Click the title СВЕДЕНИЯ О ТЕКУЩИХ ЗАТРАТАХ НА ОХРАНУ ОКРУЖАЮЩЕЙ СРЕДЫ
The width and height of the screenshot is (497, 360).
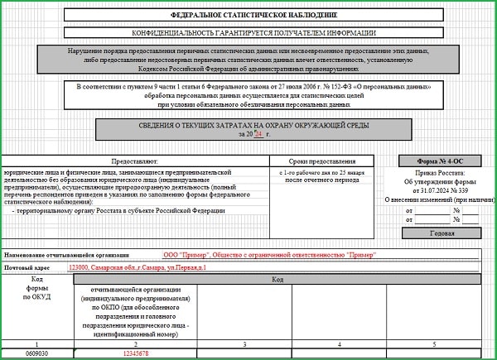pos(253,125)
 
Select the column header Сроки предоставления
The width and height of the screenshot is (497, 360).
pos(321,161)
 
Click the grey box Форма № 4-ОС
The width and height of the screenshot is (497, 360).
pos(437,161)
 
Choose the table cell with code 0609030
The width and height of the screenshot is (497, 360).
pos(36,353)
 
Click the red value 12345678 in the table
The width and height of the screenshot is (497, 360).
pos(134,353)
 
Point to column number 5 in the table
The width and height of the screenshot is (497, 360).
pos(433,343)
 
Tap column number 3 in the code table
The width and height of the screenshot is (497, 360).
pos(244,343)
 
